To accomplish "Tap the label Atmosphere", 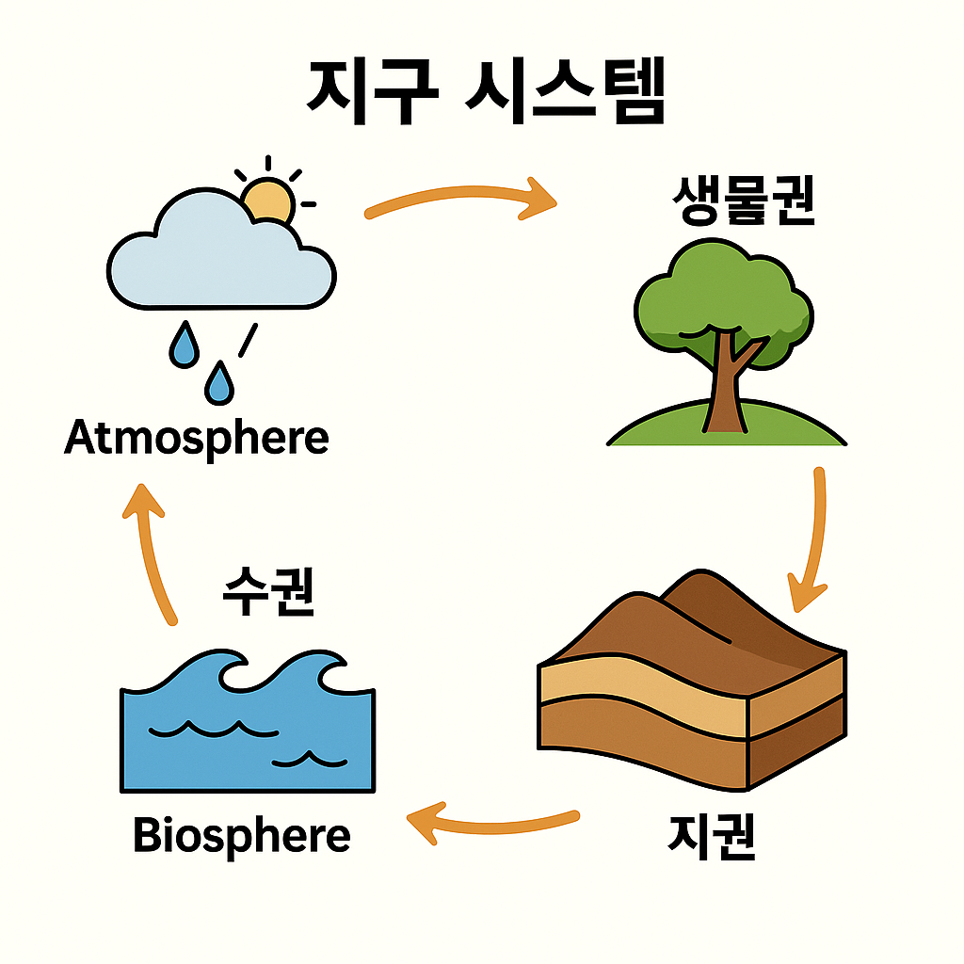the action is (x=197, y=439).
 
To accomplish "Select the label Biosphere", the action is (x=242, y=835).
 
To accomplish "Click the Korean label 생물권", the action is (x=744, y=201).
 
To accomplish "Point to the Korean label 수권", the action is (x=268, y=591).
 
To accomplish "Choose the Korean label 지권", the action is (x=712, y=836).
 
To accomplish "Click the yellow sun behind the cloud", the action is (x=268, y=200).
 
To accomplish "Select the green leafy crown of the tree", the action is (x=720, y=292).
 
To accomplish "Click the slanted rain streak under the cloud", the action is (x=248, y=341).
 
